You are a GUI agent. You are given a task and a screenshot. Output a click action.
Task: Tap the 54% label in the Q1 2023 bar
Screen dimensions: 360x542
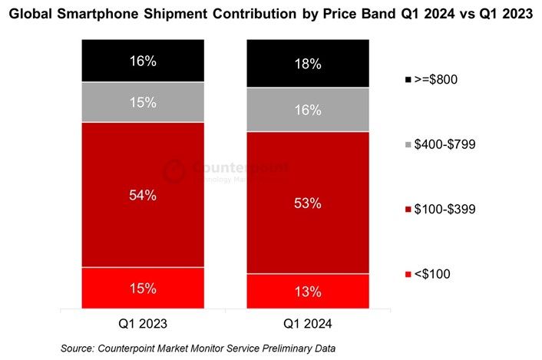coord(144,195)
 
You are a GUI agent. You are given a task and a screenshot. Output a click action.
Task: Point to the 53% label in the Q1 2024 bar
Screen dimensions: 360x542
coord(307,203)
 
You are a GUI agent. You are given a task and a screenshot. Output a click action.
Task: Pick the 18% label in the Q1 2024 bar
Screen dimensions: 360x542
coord(307,64)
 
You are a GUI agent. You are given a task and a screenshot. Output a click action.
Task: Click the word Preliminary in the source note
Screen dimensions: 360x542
coord(280,348)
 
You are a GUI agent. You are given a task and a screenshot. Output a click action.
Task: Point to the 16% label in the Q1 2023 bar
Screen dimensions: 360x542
coord(144,61)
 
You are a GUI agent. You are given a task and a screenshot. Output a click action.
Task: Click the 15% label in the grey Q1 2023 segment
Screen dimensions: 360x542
coord(144,102)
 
